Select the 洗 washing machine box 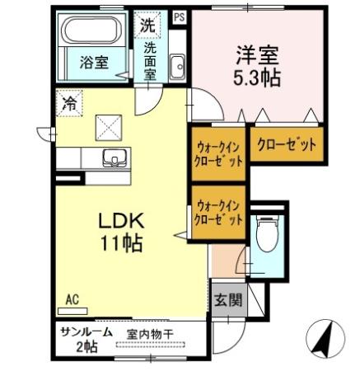tap(147, 25)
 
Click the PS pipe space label tap(179, 16)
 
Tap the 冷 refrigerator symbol tap(69, 104)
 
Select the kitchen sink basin tap(112, 157)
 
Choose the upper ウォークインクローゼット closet tap(218, 153)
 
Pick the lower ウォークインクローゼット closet tap(218, 213)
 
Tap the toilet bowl tap(265, 234)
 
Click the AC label tap(72, 301)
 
